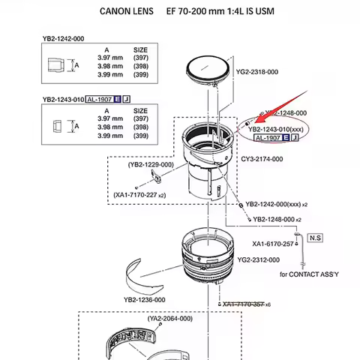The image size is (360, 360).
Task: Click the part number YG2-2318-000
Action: tap(257, 72)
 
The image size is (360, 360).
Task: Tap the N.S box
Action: tap(314, 237)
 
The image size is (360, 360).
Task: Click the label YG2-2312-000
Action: tap(258, 259)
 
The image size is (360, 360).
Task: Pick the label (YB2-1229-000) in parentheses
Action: tap(150, 164)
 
